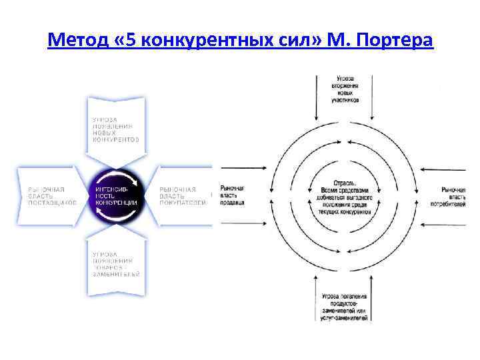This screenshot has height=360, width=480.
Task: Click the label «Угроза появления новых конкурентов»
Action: coord(116,130)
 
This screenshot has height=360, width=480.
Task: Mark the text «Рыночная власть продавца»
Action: coord(232,195)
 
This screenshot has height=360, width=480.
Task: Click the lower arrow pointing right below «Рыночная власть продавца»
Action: coord(247,225)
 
